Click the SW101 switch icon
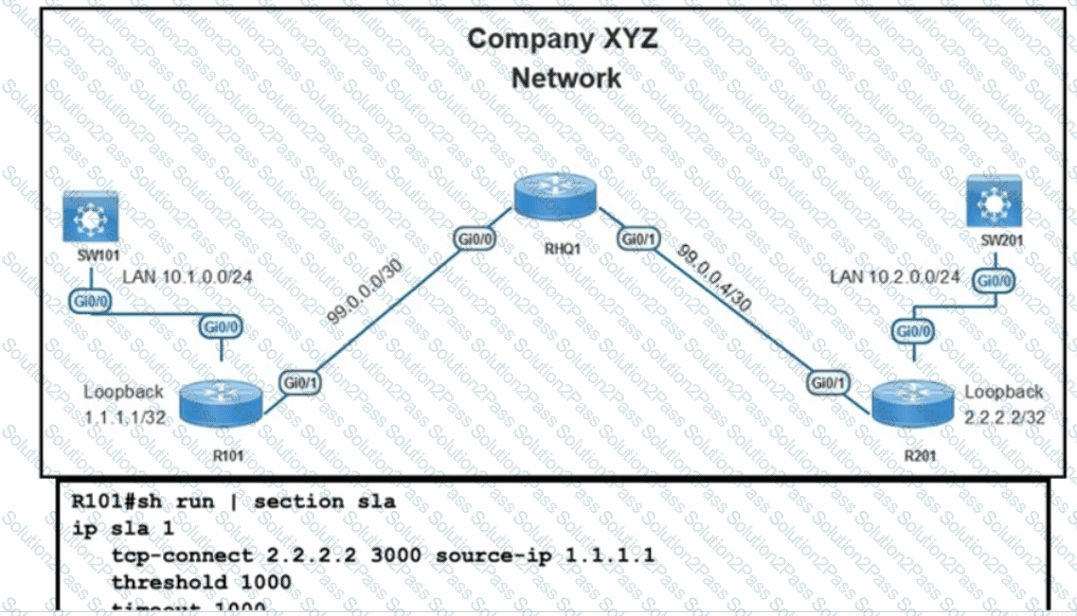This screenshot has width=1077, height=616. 90,216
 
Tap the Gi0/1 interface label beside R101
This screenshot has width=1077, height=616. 299,381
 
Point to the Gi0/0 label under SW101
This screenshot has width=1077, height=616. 89,300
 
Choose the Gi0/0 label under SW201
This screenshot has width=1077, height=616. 995,281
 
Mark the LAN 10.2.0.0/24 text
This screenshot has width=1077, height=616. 895,277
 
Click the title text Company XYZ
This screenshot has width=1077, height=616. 563,39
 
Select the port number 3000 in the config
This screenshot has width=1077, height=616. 395,555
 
